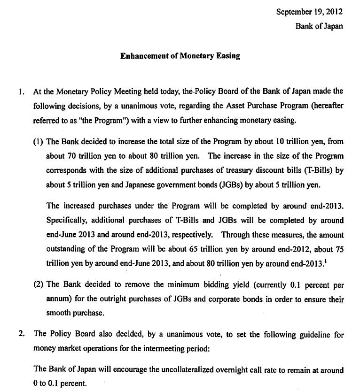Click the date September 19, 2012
point(309,12)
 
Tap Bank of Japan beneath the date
point(319,26)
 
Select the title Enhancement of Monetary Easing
point(180,56)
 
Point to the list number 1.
point(21,92)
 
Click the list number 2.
point(21,334)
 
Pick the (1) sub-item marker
point(39,142)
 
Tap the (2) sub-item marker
point(39,284)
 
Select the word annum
point(57,299)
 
